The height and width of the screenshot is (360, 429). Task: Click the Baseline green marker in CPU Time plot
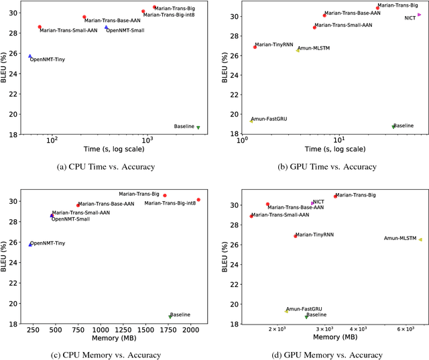(198, 127)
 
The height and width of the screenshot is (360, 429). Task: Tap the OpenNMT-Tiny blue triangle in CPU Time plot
(30, 56)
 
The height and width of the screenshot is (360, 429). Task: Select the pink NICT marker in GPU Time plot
(420, 14)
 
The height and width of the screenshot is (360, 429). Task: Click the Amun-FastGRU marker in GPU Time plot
(251, 121)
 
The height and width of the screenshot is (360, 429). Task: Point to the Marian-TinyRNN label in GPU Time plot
(275, 44)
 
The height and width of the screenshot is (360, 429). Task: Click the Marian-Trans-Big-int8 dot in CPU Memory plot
(198, 200)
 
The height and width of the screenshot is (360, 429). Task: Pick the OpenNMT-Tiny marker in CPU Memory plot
(30, 244)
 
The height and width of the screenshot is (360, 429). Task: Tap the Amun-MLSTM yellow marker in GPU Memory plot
(420, 239)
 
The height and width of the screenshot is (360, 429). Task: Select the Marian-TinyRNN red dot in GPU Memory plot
(295, 236)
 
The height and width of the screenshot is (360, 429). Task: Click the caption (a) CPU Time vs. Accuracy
(112, 167)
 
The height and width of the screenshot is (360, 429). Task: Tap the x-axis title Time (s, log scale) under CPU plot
(112, 147)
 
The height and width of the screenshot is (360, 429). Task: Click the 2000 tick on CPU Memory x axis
(190, 330)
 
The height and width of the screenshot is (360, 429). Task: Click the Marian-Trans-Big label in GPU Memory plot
(355, 195)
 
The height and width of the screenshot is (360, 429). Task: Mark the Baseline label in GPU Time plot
(404, 125)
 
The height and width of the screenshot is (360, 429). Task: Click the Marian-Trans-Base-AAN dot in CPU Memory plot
(78, 205)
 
